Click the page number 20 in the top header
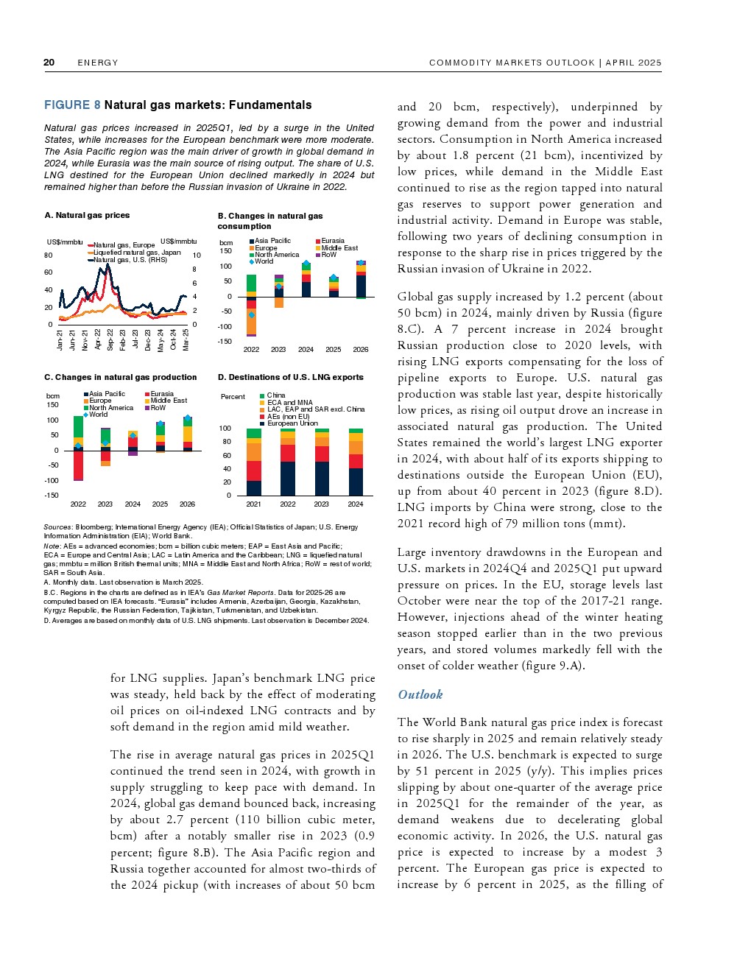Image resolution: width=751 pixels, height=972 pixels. pos(49,63)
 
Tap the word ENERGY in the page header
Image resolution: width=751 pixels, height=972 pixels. pos(98,63)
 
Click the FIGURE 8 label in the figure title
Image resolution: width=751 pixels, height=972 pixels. pos(72,105)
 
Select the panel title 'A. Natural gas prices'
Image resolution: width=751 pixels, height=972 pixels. pos(87,215)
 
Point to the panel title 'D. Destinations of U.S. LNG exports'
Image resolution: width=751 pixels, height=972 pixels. pos(290,377)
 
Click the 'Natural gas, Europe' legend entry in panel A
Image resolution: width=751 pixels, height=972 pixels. pos(124,245)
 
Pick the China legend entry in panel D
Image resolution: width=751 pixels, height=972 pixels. pos(276,395)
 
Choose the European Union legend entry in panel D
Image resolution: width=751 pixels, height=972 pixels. pos(292,423)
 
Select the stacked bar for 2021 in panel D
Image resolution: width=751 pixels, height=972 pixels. pos(254,462)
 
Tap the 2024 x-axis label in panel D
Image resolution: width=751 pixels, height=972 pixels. pos(356,504)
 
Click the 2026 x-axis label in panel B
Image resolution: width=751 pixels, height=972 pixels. pos(361,350)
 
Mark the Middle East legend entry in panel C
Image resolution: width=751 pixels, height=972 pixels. pos(169,401)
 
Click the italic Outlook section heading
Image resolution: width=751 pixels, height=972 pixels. pos(420,694)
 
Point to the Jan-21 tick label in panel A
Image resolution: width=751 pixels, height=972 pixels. pos(60,339)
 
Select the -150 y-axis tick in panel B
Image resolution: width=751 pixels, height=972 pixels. pos(225,342)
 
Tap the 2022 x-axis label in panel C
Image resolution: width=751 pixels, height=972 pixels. pos(78,504)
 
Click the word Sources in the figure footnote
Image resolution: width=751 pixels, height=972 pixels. pos(58,526)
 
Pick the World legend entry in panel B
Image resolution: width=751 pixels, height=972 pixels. pos(264,261)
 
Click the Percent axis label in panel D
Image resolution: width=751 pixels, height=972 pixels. pos(233,397)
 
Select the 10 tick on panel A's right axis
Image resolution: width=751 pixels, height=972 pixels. pos(197,256)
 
